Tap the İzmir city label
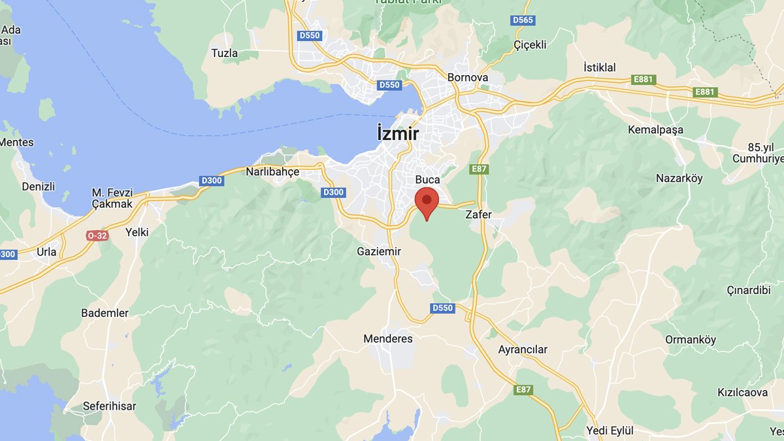pyautogui.click(x=398, y=133)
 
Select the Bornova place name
pyautogui.click(x=468, y=77)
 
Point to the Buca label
pyautogui.click(x=428, y=179)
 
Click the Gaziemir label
pyautogui.click(x=379, y=252)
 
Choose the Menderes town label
pyautogui.click(x=388, y=338)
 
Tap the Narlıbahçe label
pyautogui.click(x=272, y=172)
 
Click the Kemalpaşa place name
pyautogui.click(x=655, y=129)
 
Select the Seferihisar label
pyautogui.click(x=110, y=406)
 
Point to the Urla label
pyautogui.click(x=46, y=252)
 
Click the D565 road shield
pyautogui.click(x=523, y=20)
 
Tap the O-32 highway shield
pyautogui.click(x=97, y=235)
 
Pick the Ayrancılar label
pyautogui.click(x=523, y=350)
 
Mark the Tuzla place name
pyautogui.click(x=225, y=53)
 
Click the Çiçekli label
pyautogui.click(x=530, y=44)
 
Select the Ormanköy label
pyautogui.click(x=691, y=340)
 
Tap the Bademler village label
pyautogui.click(x=105, y=313)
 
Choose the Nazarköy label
pyautogui.click(x=679, y=178)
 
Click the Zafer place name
pyautogui.click(x=478, y=214)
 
